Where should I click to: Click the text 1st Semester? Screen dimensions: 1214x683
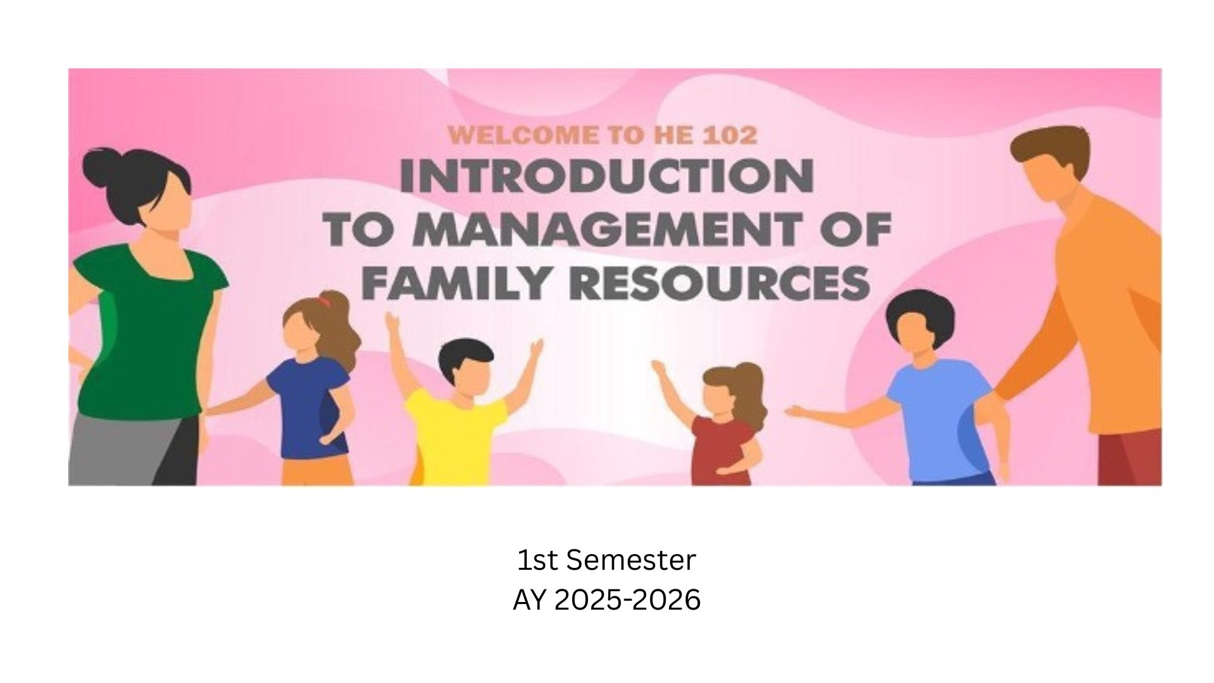click(606, 560)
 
